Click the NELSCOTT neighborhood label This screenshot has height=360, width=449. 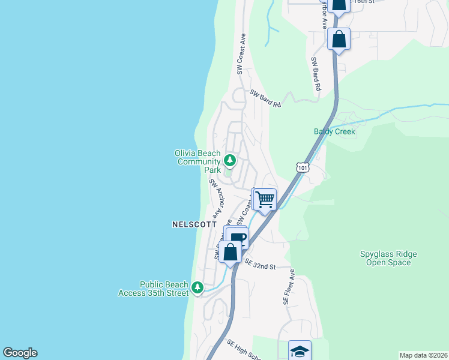[194, 224]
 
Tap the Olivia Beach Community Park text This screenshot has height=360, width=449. [197, 161]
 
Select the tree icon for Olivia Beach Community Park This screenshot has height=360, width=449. [229, 160]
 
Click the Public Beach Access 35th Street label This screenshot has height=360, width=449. [163, 289]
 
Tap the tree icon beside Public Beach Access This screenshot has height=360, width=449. [197, 289]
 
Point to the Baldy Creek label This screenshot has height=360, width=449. [334, 131]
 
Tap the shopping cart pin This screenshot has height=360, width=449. [265, 199]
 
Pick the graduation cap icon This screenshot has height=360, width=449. [300, 351]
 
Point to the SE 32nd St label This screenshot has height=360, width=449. [260, 265]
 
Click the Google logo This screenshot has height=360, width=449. [20, 353]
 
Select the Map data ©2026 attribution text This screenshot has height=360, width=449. [423, 355]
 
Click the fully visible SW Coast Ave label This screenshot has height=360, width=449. [241, 54]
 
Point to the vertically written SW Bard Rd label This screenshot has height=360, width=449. [316, 74]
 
